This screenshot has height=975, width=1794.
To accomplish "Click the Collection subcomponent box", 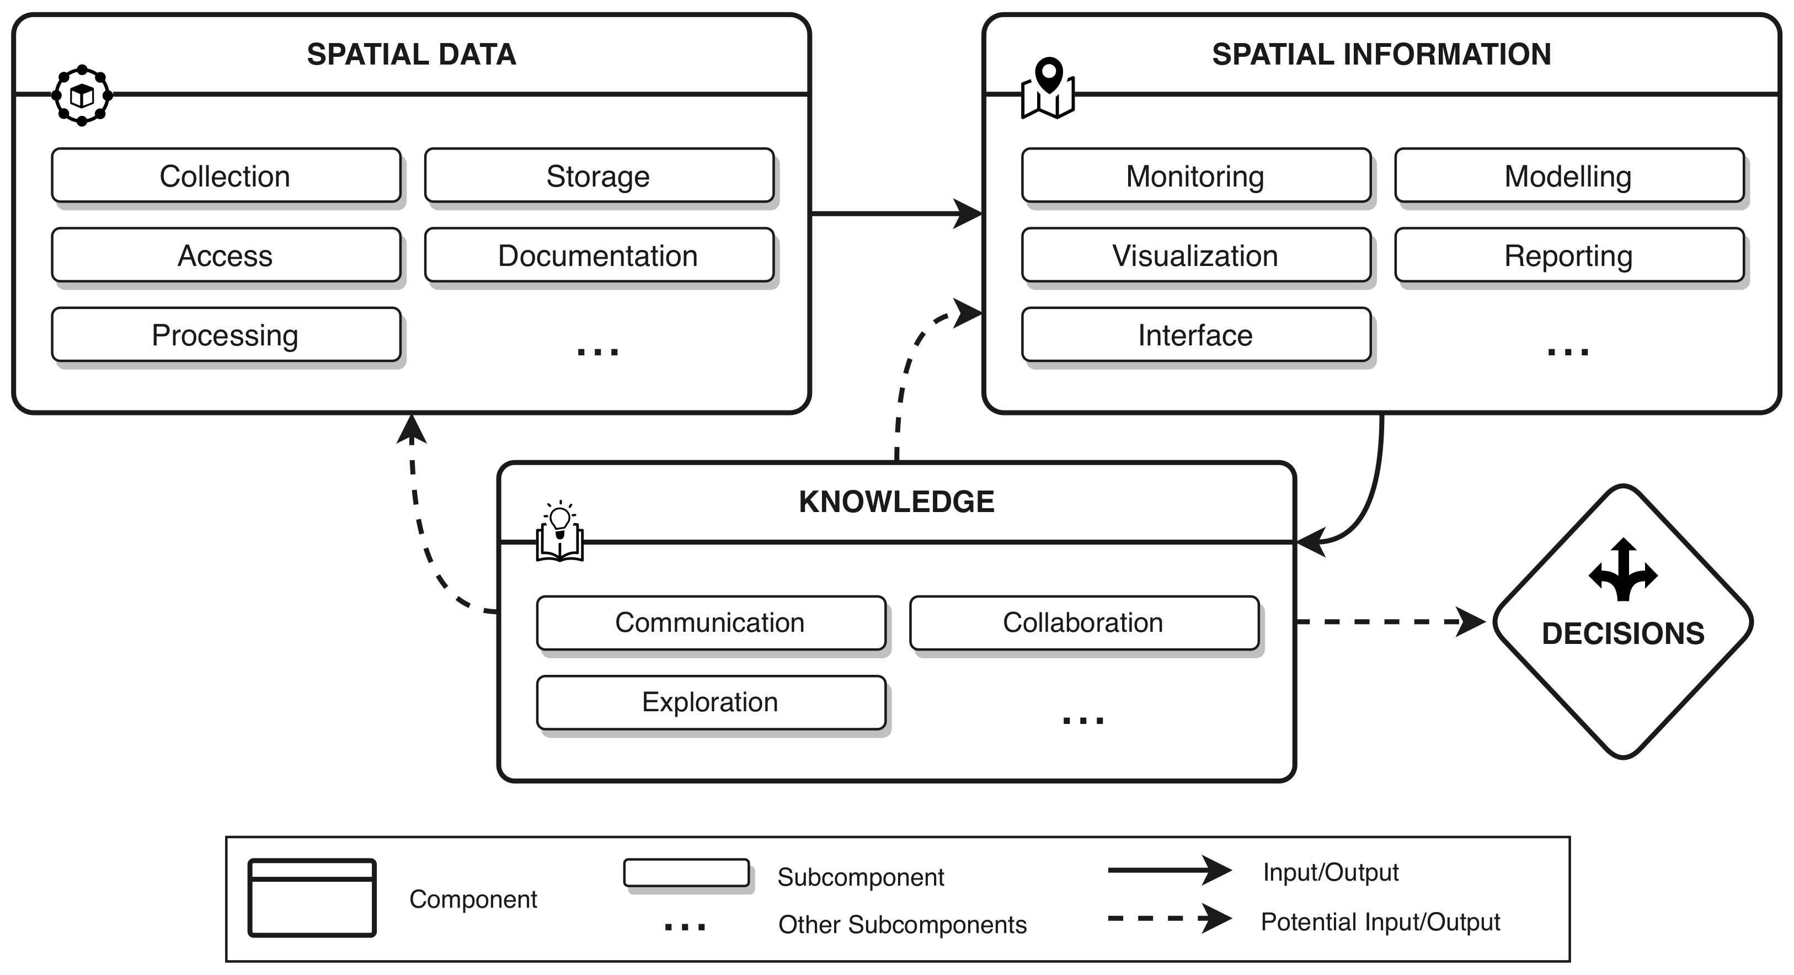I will (226, 175).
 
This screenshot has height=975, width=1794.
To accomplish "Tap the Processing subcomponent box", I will (226, 334).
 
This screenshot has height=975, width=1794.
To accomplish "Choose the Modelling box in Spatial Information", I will (1568, 175).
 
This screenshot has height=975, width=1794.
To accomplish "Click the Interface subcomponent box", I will (1195, 334).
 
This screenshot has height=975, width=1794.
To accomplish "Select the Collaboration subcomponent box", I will (1083, 622).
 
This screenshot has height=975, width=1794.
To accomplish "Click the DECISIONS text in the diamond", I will (1622, 634).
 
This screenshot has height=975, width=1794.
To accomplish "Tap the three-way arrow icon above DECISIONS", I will (1622, 569).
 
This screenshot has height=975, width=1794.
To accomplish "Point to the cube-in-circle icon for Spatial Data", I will (82, 95).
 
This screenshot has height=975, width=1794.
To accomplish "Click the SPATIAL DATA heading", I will (412, 54).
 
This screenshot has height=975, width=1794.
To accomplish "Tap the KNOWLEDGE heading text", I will (896, 502).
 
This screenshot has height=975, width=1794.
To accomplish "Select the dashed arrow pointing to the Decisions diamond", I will (1386, 621).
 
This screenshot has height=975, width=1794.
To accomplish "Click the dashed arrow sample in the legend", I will (1168, 919).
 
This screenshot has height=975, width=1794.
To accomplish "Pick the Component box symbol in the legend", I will (312, 898).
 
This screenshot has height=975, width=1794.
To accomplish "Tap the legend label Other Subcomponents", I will (902, 925).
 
